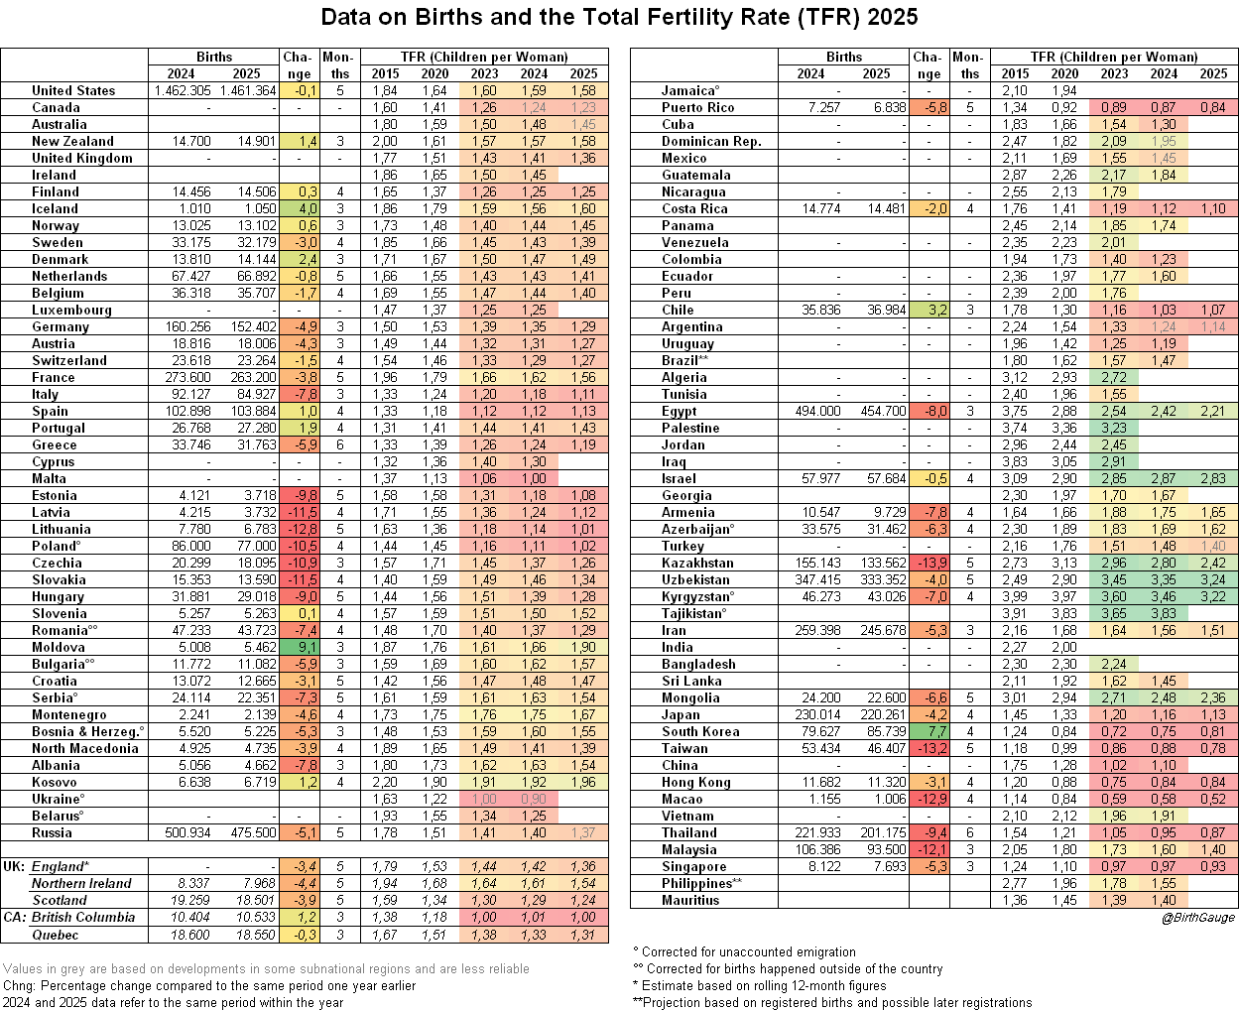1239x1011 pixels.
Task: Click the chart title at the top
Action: point(620,18)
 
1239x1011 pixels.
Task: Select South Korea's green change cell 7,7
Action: point(929,731)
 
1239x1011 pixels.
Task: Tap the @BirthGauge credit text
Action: point(1197,918)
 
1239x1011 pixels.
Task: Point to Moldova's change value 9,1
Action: point(299,647)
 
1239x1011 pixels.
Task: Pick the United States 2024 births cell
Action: point(182,90)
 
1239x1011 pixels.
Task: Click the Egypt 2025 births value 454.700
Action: point(877,411)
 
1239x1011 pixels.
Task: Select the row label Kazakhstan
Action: point(697,563)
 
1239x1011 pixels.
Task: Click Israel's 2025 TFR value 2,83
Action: point(1213,478)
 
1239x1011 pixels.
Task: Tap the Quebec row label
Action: point(55,934)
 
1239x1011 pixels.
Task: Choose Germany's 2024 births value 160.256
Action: point(182,326)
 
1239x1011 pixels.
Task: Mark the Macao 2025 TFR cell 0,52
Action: point(1213,799)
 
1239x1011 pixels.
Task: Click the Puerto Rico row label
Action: point(697,107)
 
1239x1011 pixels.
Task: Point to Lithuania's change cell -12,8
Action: point(299,529)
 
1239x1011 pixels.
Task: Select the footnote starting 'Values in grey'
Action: point(266,968)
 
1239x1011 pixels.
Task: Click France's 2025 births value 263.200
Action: point(247,377)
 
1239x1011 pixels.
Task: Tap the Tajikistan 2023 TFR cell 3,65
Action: point(1114,613)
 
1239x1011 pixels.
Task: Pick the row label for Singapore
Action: point(693,866)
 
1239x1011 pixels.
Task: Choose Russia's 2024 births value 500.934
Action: point(182,832)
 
